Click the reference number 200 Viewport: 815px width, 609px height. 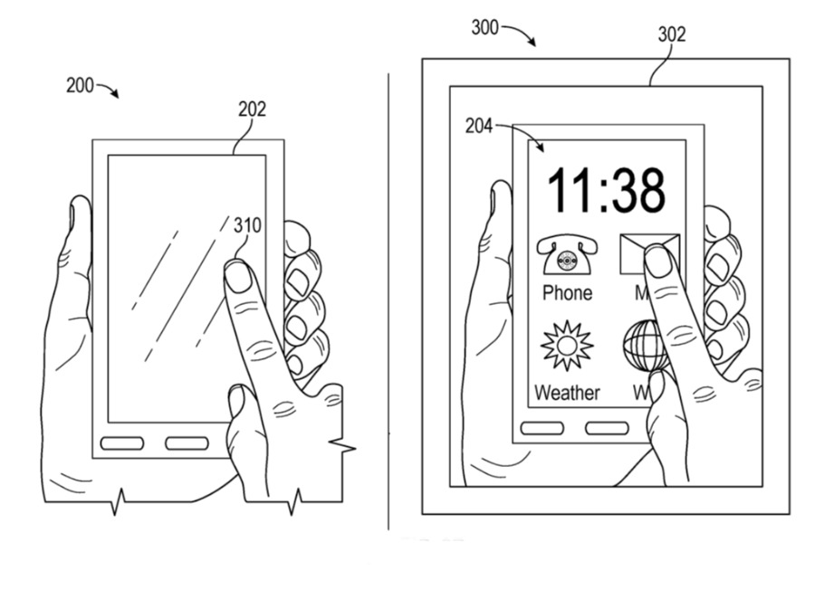coord(79,86)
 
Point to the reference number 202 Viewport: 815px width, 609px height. coord(252,109)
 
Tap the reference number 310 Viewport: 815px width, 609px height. coord(247,224)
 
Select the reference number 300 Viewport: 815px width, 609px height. coord(484,27)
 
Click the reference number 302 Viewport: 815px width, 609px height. coord(671,34)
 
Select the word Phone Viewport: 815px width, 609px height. coord(567,293)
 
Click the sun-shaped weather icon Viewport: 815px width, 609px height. coord(567,346)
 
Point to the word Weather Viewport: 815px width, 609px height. coord(567,393)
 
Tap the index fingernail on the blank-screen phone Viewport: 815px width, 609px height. coord(238,277)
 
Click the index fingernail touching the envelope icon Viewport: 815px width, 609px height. coord(658,262)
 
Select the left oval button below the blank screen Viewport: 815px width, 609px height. coord(122,443)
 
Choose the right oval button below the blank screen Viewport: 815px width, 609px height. coord(187,443)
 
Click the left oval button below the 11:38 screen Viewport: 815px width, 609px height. coord(543,428)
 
